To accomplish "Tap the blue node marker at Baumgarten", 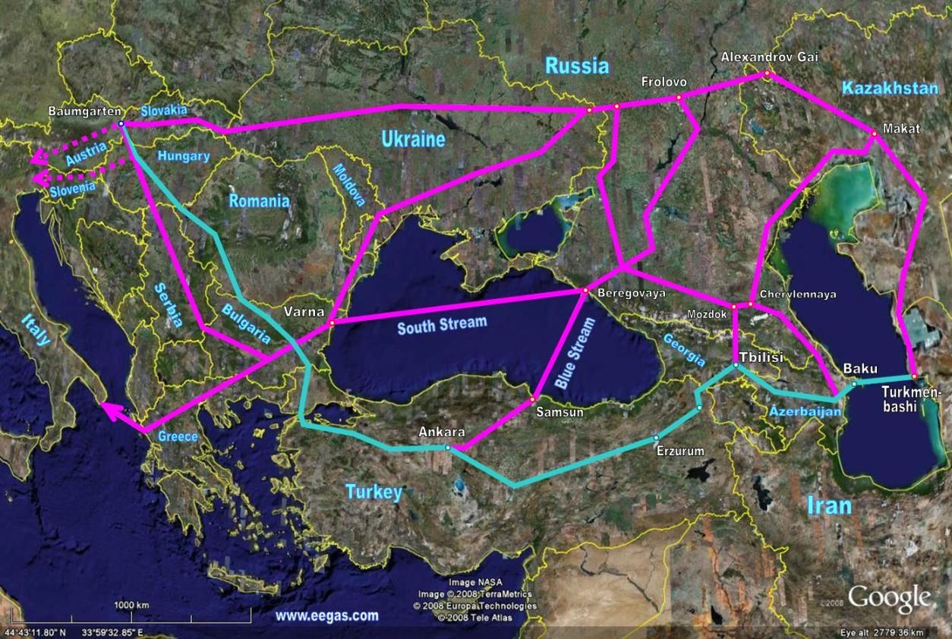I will coord(121,124).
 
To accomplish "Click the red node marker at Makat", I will coord(874,134).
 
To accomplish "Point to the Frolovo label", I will coord(664,81).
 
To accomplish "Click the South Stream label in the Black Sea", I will coord(442,324).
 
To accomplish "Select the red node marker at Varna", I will coord(332,324).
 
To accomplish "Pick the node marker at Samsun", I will coord(534,398).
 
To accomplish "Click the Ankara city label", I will coord(441,433).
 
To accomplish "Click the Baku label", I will coord(860,369).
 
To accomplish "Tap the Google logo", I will coord(890,598).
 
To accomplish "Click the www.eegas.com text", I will coord(326,616).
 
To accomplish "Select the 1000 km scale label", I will coord(132,605).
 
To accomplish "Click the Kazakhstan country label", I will coord(890,89).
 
